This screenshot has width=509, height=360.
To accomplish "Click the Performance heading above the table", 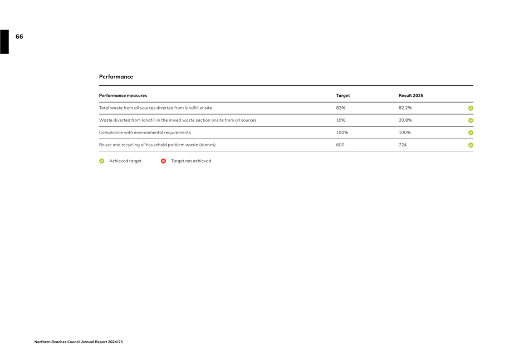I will tap(116, 77).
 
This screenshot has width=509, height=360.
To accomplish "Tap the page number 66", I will tap(19, 37).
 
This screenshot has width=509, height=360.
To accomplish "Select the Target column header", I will tap(342, 96).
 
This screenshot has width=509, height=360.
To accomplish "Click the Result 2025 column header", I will tap(410, 96).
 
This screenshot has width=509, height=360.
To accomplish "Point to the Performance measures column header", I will tap(123, 96).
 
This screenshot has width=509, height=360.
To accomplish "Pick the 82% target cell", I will tap(340, 108).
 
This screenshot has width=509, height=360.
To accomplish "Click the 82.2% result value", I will tap(405, 108).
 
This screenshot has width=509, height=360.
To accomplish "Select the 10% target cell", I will tap(340, 120).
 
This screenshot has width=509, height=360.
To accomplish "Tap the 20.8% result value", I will tap(405, 120).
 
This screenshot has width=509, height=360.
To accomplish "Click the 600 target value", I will tap(340, 145).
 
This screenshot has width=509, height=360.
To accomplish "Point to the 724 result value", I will tap(403, 145).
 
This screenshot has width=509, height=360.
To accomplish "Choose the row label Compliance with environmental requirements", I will tap(145, 132).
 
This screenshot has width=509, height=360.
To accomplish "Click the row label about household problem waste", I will tap(157, 145).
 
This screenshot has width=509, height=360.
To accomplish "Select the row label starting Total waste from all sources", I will tap(155, 108).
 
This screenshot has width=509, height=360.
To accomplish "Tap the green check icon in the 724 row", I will tap(471, 145).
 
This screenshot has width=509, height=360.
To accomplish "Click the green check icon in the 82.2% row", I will tap(471, 109).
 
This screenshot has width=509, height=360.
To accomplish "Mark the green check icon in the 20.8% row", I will tap(471, 121).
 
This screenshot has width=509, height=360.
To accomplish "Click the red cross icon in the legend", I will tap(163, 161).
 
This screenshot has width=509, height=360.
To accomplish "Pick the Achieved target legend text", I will tap(125, 161).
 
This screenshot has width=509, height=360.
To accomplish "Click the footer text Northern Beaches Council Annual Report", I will tap(78, 342).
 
